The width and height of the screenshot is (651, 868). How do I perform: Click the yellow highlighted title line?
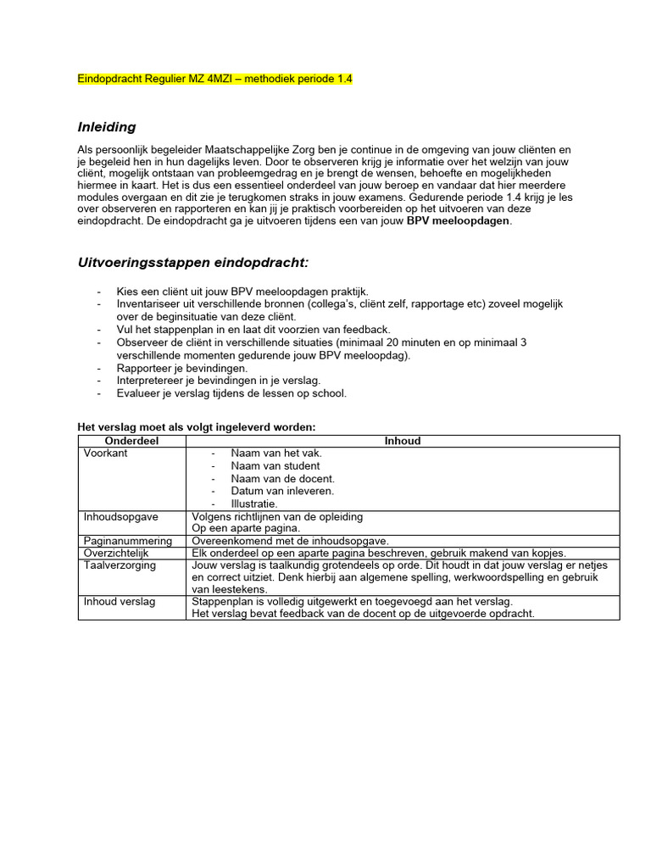pos(214,79)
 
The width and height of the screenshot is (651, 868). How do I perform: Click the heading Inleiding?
pos(107,127)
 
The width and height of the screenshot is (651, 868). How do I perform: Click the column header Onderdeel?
pos(131,441)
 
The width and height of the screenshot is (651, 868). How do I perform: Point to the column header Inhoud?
pos(403,441)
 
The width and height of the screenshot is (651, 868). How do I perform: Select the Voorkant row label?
pos(106,453)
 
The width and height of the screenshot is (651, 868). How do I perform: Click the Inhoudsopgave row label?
pos(120,516)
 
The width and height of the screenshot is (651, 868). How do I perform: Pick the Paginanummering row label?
pos(128,541)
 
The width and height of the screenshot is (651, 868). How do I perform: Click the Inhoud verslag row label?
pos(119,602)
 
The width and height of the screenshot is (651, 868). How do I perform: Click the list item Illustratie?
pos(254,504)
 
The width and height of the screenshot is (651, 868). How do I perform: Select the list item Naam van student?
pos(275,466)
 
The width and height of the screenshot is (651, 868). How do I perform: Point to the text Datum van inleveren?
pos(282,491)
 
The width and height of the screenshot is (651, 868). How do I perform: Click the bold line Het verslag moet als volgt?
pos(196,427)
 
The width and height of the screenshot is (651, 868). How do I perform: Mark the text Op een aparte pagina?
pos(246,528)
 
